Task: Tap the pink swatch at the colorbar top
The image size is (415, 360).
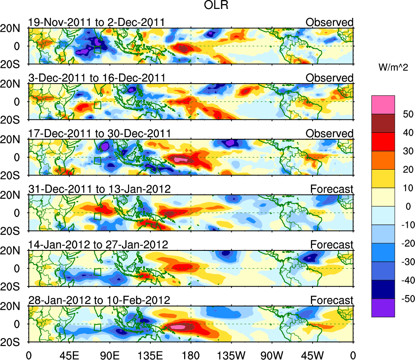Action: [383, 104]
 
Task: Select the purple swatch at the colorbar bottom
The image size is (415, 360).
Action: [383, 308]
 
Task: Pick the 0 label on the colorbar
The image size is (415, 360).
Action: [406, 207]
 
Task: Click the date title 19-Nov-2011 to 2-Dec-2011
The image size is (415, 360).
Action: [96, 22]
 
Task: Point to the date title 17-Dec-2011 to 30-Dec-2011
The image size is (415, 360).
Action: [99, 133]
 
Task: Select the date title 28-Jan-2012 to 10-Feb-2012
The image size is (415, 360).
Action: [99, 300]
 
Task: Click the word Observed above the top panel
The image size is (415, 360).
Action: [329, 22]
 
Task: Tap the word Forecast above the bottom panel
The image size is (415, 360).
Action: [332, 300]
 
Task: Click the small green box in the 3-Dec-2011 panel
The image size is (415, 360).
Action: [97, 105]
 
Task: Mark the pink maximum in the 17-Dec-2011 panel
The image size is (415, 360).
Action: [181, 160]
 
